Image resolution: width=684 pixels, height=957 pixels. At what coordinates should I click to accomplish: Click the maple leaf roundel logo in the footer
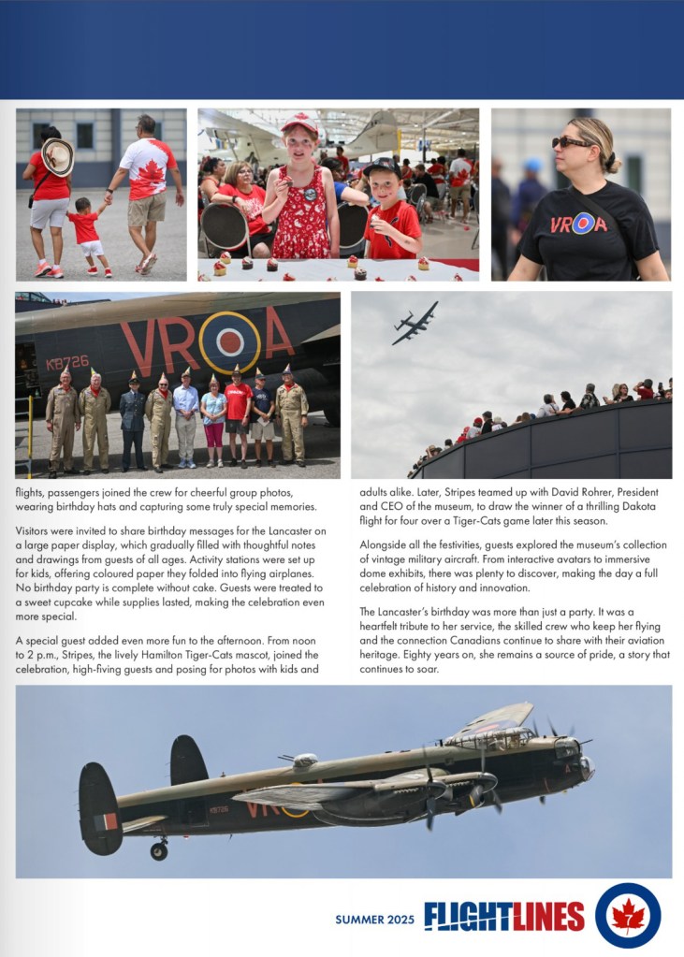tap(628, 915)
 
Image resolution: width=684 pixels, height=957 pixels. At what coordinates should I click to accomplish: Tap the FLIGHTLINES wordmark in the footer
tap(504, 917)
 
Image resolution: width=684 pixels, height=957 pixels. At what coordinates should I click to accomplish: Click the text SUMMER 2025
tap(374, 920)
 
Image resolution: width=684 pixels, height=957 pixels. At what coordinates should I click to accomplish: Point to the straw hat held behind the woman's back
tap(58, 156)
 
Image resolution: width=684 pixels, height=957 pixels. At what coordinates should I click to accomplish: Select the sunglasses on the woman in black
tap(571, 142)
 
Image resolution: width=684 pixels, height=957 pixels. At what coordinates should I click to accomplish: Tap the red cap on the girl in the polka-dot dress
tap(299, 124)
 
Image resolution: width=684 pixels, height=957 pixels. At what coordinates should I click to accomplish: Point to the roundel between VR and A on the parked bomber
tap(229, 342)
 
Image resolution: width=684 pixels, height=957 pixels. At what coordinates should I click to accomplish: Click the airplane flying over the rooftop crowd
tap(415, 323)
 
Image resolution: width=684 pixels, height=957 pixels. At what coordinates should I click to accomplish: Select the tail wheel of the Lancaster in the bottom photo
tap(159, 851)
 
